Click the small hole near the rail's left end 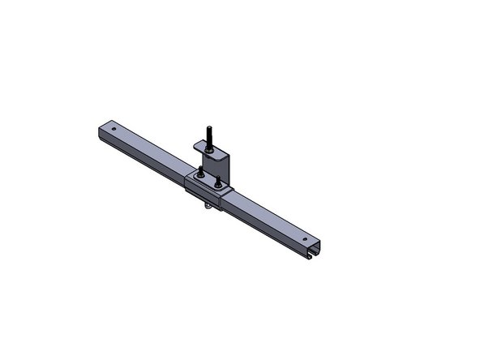point(114,127)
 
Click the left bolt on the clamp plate point(200,171)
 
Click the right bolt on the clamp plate point(217,183)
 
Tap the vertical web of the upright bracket point(221,165)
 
